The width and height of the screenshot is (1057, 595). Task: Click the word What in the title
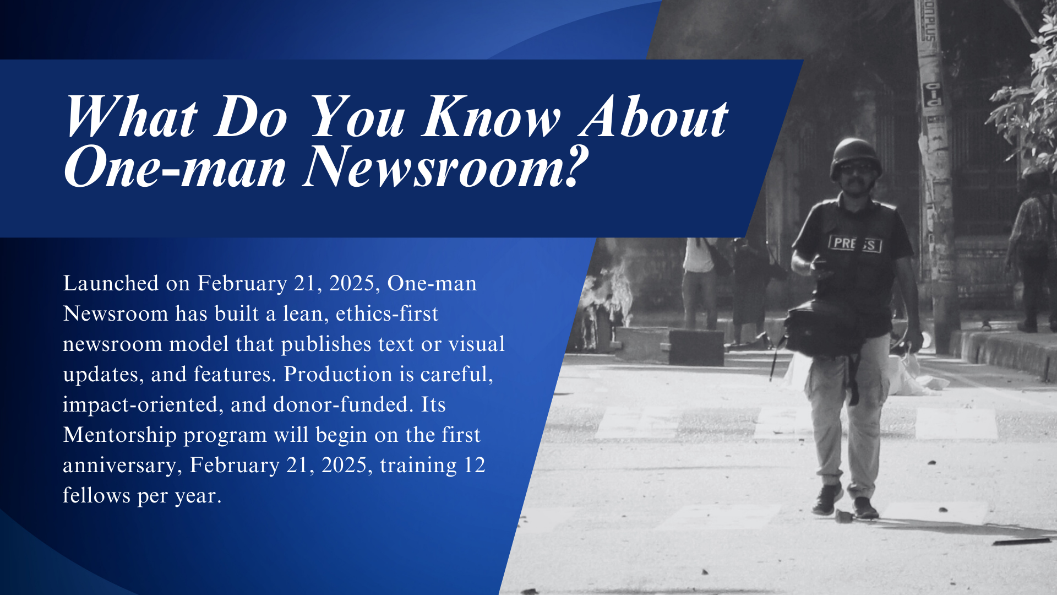click(x=131, y=116)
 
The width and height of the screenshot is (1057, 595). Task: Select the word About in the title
click(x=654, y=116)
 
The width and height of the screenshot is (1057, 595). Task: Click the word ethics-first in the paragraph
click(x=387, y=313)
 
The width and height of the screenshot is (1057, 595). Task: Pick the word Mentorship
click(x=119, y=435)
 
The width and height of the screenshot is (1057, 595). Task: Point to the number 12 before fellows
click(x=475, y=465)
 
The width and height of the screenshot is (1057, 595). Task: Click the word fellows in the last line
click(x=97, y=495)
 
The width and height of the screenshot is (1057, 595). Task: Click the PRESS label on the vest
click(x=855, y=244)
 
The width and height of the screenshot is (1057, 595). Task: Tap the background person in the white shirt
click(x=699, y=281)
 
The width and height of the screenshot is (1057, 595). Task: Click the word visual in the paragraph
click(x=477, y=344)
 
